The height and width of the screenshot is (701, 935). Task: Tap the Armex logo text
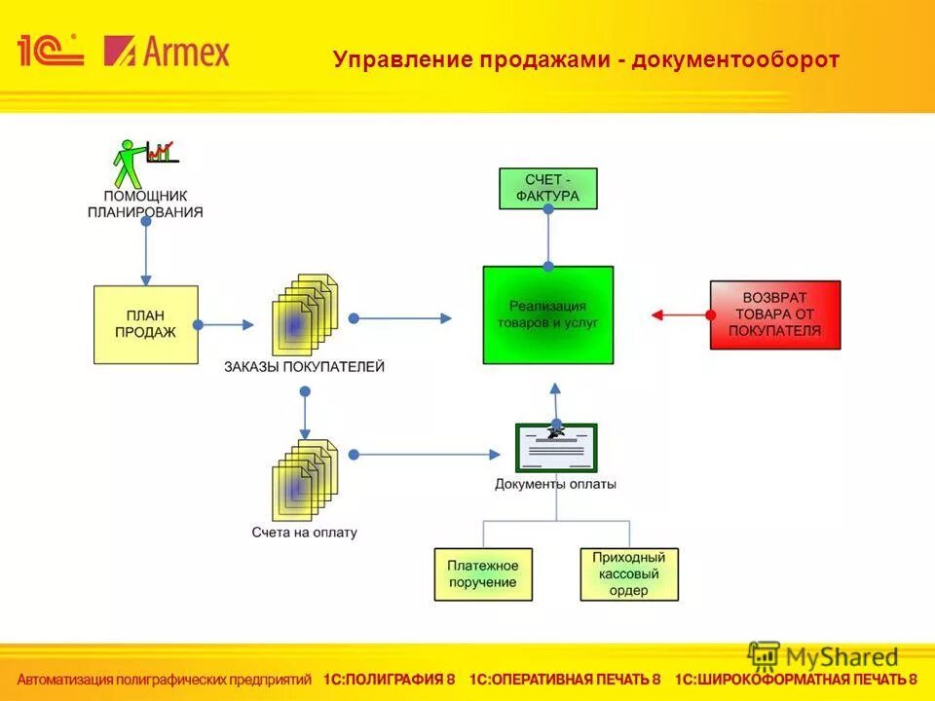(168, 51)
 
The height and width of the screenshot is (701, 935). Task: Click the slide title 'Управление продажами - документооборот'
(585, 59)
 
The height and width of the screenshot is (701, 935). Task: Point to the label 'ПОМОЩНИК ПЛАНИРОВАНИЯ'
(145, 203)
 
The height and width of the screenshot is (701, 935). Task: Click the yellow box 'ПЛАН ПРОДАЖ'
(146, 324)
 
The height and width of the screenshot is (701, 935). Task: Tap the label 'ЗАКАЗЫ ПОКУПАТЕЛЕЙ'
(304, 367)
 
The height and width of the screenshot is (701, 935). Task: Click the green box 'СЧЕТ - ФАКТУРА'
(548, 188)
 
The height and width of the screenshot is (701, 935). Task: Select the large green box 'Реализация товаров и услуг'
(548, 314)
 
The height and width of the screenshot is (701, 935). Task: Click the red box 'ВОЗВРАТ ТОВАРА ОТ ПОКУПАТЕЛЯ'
(775, 314)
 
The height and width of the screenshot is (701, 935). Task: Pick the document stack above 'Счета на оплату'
(304, 480)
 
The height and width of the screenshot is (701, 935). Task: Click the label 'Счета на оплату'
(304, 533)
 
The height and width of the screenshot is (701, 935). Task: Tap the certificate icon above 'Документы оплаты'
(556, 447)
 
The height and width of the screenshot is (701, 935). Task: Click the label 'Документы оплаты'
(555, 484)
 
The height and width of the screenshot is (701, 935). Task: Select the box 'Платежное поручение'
(483, 573)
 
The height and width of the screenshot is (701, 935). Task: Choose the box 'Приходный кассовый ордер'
(629, 573)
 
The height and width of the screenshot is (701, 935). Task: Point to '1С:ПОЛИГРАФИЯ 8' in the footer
(390, 680)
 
